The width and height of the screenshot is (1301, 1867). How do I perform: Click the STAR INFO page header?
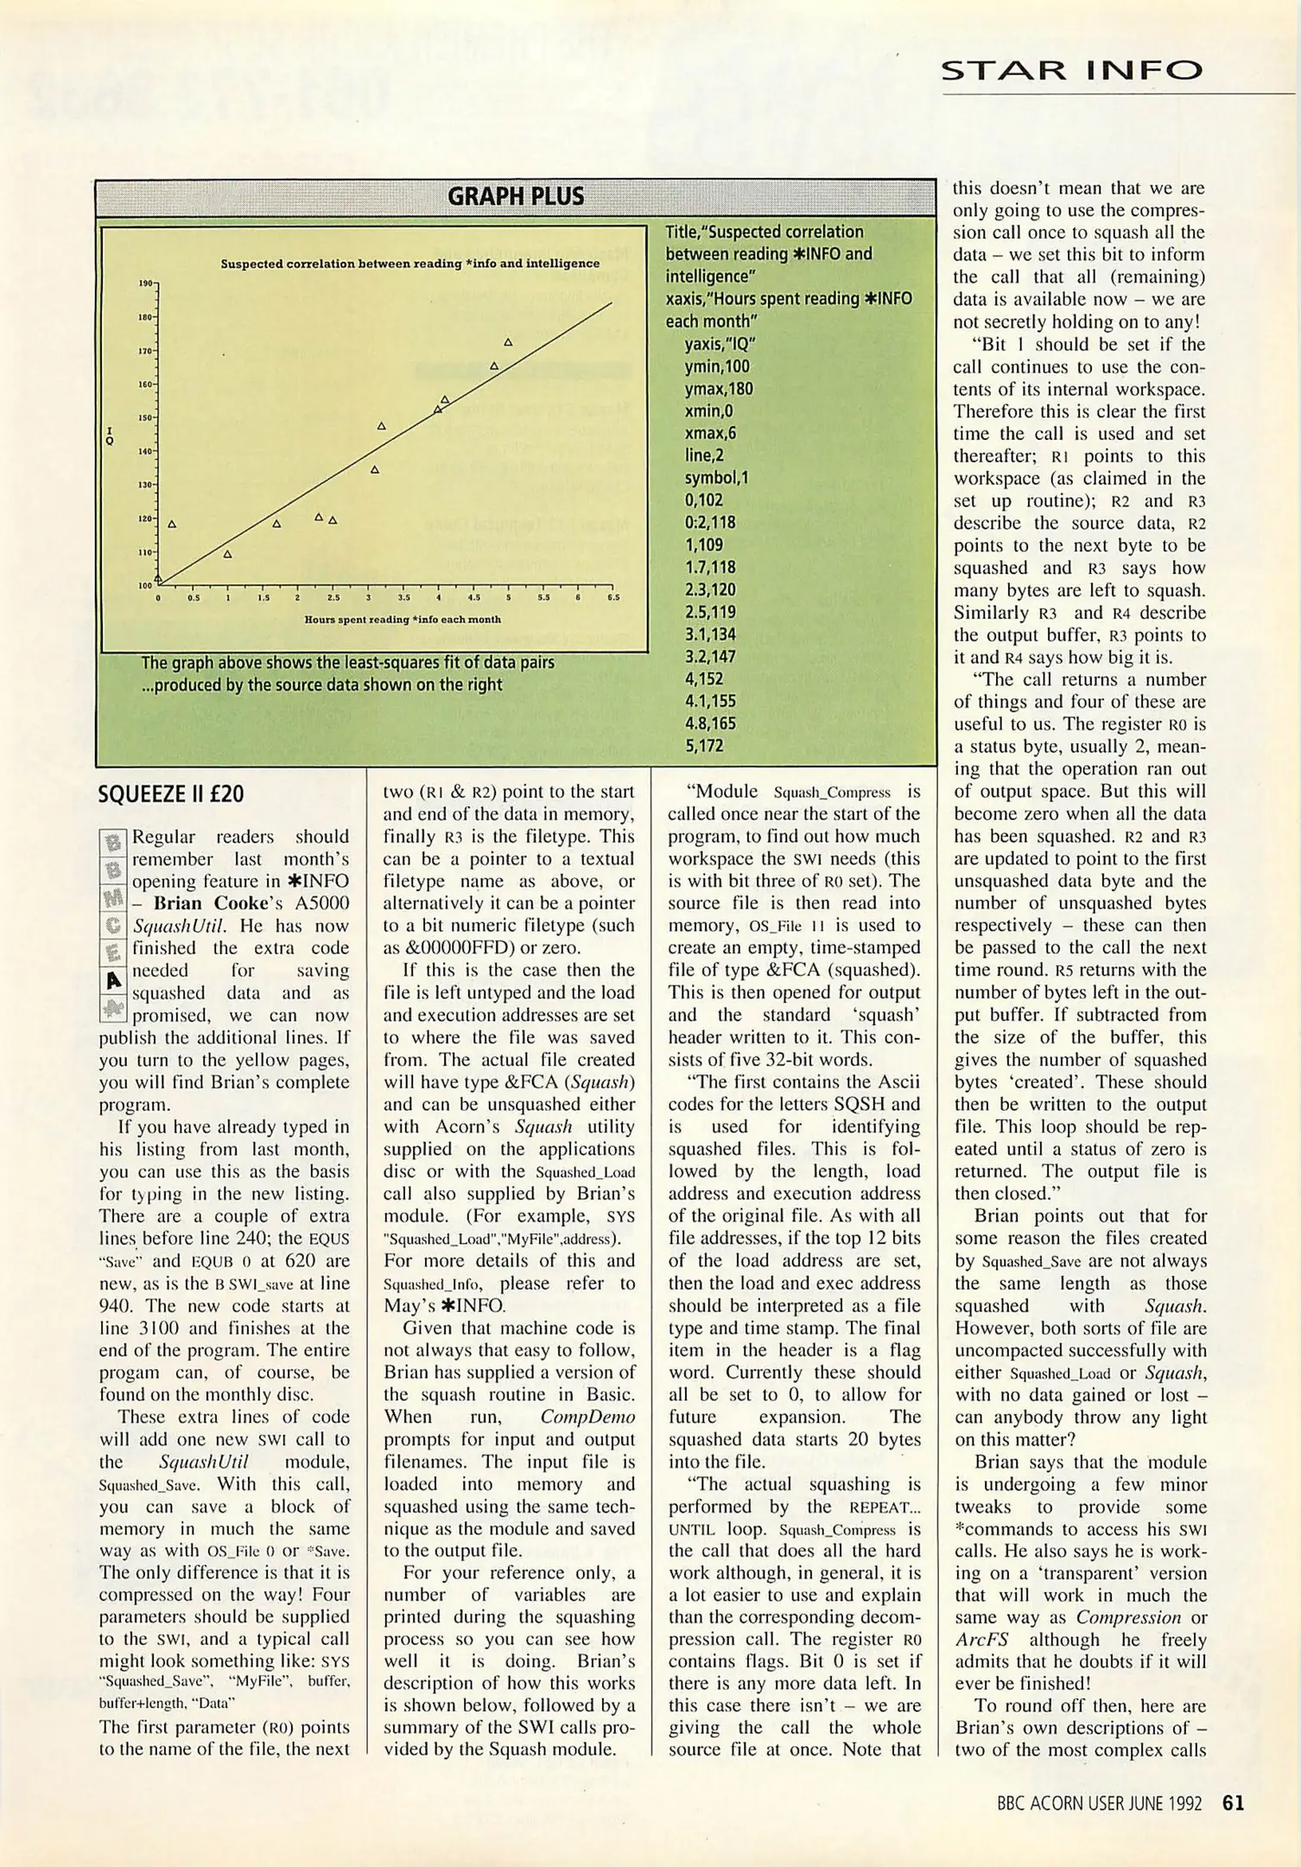(x=1070, y=70)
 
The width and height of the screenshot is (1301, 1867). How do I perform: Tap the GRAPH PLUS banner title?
(x=515, y=197)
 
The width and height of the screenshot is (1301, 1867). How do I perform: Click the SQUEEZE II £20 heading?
(x=171, y=793)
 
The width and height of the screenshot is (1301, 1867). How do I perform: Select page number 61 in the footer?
(x=1233, y=1803)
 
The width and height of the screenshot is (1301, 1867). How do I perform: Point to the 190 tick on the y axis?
(x=145, y=283)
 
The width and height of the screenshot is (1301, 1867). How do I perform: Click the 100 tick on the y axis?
(x=145, y=586)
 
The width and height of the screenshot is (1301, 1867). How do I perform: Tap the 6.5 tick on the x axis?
(x=612, y=597)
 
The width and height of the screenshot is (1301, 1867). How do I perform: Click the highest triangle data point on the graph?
(x=508, y=342)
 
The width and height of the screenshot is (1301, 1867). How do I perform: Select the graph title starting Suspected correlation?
(x=409, y=264)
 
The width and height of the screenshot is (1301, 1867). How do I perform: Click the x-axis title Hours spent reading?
(x=403, y=619)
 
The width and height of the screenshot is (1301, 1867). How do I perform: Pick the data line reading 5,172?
(x=704, y=745)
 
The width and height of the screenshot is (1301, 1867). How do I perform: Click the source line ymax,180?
(x=719, y=389)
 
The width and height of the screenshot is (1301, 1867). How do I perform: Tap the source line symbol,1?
(x=716, y=478)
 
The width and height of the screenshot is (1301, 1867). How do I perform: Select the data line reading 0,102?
(x=703, y=500)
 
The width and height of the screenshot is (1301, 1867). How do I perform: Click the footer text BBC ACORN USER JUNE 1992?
(x=1099, y=1804)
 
